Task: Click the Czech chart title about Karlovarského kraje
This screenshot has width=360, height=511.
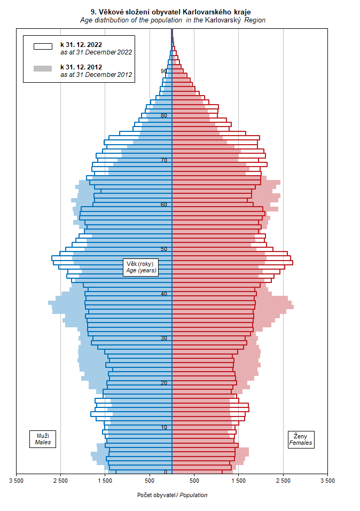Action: tap(171, 12)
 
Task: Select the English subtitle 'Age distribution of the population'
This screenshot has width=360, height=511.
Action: tap(131, 20)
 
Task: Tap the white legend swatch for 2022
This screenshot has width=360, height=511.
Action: tap(43, 46)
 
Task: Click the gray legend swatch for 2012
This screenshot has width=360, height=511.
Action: tap(43, 68)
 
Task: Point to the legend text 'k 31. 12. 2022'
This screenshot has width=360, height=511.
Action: tap(81, 45)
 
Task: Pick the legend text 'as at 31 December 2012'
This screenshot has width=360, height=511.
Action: tap(96, 75)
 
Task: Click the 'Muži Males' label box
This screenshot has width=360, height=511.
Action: tap(43, 439)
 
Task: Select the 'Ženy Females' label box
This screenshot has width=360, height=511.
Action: tap(301, 439)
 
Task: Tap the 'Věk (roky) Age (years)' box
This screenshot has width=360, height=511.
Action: tap(141, 267)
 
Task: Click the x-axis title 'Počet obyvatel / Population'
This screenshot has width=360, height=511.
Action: tap(172, 495)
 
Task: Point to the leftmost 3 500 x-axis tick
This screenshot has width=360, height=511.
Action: tap(17, 481)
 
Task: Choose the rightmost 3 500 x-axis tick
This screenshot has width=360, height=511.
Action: tap(328, 481)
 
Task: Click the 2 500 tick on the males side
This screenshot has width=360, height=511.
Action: tap(61, 481)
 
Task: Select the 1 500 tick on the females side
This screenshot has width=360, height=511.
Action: tap(239, 481)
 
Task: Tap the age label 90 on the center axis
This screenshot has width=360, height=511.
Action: tap(163, 71)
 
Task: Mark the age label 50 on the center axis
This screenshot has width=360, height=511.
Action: tap(163, 249)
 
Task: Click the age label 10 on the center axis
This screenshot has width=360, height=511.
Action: tap(163, 427)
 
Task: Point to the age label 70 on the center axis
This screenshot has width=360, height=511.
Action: tap(163, 160)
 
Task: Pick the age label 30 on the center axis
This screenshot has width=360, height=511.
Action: tap(163, 338)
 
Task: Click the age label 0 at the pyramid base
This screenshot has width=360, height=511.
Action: tap(166, 472)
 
